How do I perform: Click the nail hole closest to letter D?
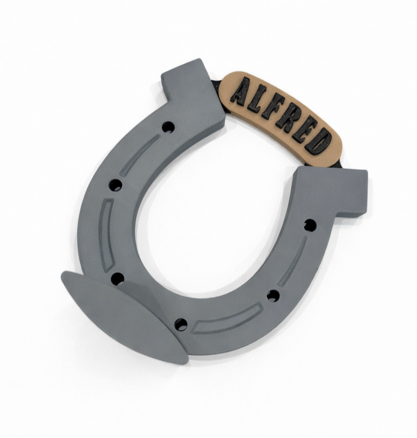(309, 225)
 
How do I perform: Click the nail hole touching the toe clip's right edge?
(180, 324)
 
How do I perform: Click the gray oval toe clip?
(122, 316)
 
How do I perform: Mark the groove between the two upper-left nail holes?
(139, 155)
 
